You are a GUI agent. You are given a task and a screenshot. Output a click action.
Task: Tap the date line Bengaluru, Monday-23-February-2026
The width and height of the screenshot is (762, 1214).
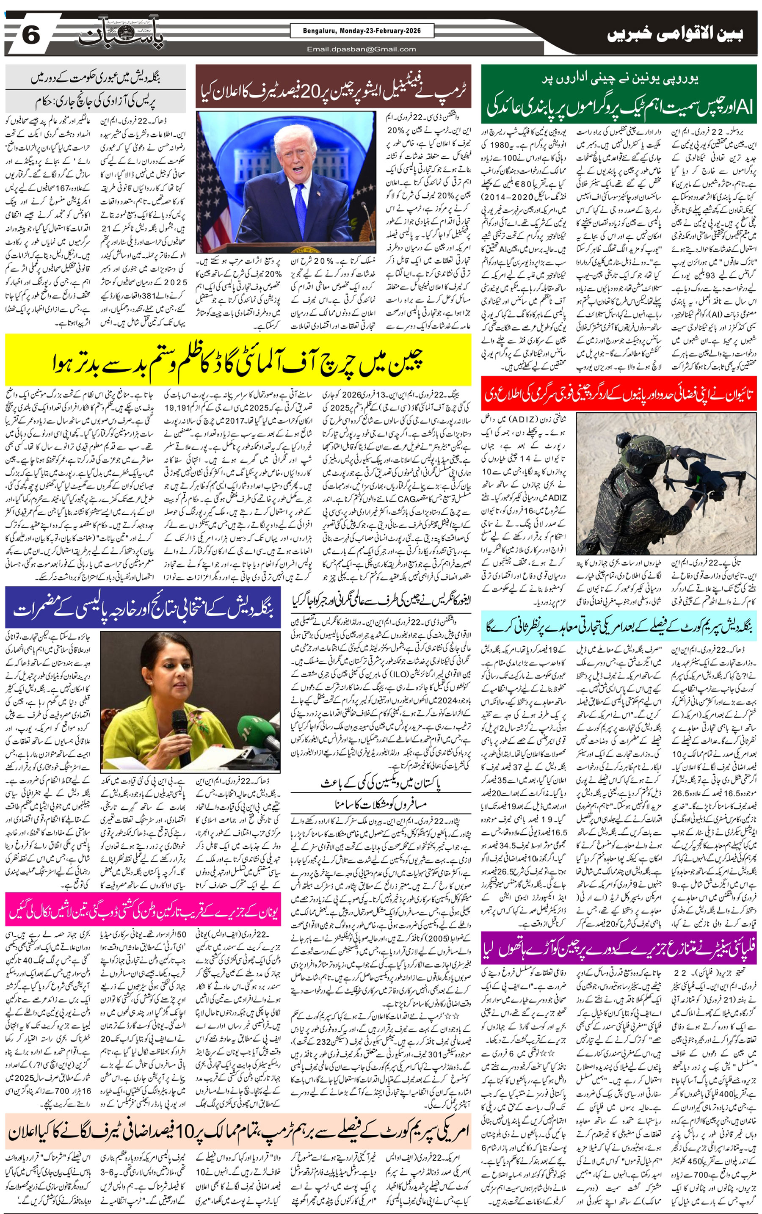[362, 31]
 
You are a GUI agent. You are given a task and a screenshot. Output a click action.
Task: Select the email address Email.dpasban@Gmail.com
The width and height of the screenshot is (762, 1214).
[362, 49]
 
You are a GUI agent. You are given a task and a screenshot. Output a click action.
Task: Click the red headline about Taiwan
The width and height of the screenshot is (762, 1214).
[619, 394]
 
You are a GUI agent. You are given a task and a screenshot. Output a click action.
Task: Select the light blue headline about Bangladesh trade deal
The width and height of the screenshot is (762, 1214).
[619, 626]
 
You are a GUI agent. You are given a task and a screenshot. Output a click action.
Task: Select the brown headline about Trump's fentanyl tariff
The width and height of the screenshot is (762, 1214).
[333, 87]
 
